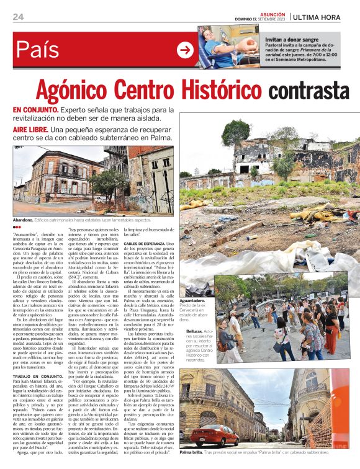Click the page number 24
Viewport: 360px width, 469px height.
18,17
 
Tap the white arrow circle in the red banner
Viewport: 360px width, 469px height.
185,50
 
